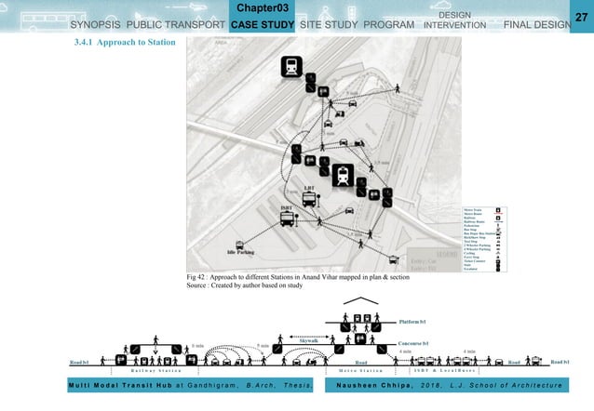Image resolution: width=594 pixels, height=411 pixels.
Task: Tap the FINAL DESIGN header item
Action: click(535, 24)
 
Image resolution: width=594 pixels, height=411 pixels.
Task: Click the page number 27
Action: click(583, 18)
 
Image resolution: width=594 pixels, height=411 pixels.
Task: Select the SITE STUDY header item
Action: click(328, 24)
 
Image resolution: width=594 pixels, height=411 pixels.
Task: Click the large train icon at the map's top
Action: click(292, 67)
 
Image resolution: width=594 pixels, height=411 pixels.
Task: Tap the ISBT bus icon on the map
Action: click(288, 219)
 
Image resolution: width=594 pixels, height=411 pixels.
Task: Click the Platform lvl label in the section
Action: click(411, 322)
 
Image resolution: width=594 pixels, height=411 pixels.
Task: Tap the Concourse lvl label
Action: click(412, 343)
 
